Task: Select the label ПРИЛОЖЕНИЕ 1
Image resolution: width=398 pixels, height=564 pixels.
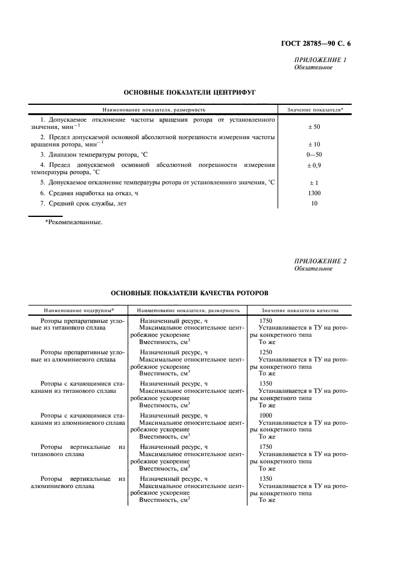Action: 320,60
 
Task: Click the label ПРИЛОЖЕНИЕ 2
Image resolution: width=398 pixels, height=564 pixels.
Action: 320,261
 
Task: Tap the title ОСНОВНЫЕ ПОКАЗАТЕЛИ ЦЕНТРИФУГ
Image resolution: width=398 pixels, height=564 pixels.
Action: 190,93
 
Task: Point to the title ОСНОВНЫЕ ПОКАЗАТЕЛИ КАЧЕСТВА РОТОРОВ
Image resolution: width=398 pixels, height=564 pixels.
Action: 190,293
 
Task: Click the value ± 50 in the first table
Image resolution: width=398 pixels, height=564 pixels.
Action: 314,128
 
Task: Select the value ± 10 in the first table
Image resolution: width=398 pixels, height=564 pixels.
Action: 314,145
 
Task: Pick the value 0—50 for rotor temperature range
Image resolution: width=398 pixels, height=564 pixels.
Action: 314,155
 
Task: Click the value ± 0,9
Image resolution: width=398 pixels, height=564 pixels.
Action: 314,165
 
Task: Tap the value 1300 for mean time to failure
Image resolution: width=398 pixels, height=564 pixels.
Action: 314,193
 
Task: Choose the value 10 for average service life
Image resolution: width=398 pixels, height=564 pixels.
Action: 314,204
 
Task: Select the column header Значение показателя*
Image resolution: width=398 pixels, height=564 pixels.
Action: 315,110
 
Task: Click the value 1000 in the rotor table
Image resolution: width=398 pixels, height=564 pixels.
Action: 265,415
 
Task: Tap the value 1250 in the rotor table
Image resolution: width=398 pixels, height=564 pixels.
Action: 265,352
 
